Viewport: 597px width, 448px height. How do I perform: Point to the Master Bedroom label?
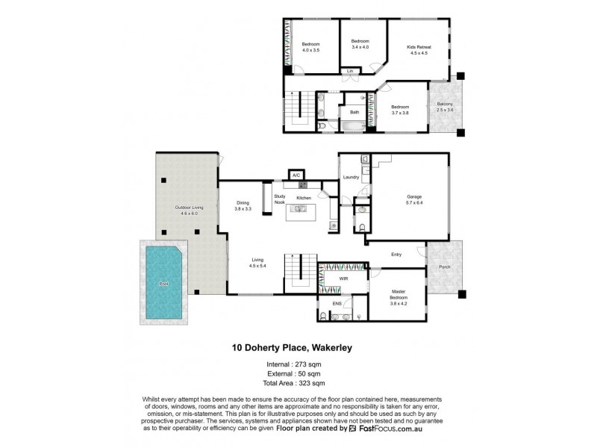398,299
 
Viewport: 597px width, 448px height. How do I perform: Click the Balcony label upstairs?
445,108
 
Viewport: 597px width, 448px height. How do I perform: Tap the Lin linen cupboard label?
349,72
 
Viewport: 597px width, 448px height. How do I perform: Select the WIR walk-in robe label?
343,279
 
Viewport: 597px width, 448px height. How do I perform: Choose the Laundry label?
351,178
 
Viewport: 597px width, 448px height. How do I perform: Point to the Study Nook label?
280,199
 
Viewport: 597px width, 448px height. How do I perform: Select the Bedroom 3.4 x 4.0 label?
361,44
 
